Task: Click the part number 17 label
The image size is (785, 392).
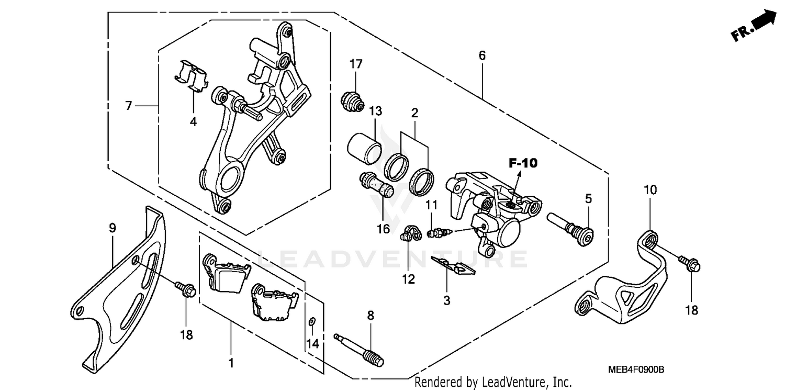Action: coord(356,64)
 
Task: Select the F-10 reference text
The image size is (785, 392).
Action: coord(523,163)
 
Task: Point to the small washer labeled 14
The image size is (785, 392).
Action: coord(312,320)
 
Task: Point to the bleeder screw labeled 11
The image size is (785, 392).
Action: coord(438,232)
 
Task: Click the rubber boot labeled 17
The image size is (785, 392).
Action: coord(352,101)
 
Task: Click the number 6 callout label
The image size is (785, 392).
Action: coord(481,55)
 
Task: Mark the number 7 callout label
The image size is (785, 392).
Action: coord(129,106)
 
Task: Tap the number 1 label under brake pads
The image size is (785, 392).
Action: coord(231,362)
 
